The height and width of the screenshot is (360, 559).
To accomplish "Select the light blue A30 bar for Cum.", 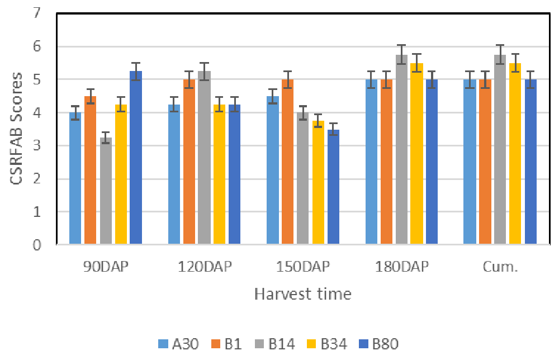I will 470,162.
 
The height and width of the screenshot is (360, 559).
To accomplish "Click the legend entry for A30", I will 175,344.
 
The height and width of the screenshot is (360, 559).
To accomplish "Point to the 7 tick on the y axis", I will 37,13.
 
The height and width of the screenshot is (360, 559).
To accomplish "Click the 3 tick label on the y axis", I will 37,146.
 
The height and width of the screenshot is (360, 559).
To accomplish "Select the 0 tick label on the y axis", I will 37,245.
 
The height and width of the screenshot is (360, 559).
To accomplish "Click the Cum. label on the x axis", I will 500,267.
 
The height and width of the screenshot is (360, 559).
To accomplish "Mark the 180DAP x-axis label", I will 402,267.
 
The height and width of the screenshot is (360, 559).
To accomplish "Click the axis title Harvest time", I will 303,294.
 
